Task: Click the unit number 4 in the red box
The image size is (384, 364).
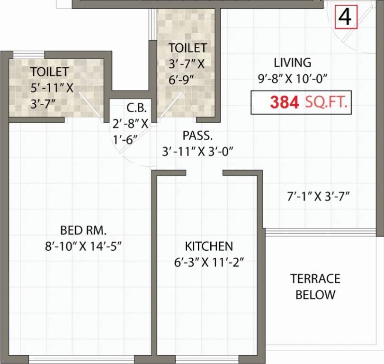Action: [345, 17]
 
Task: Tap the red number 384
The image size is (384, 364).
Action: [284, 102]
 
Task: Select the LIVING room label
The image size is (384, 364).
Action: [293, 63]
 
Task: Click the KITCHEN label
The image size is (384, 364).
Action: [209, 246]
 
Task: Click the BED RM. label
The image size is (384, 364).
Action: [83, 231]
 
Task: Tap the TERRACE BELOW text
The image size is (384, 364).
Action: [315, 286]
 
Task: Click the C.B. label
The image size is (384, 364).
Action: [132, 107]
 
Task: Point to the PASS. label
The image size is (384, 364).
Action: [197, 136]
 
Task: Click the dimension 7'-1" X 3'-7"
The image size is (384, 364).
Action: [314, 195]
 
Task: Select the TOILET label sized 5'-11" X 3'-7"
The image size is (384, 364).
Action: [50, 72]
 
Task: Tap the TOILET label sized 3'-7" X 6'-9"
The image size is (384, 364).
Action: [188, 48]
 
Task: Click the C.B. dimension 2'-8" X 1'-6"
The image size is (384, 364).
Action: [131, 131]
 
